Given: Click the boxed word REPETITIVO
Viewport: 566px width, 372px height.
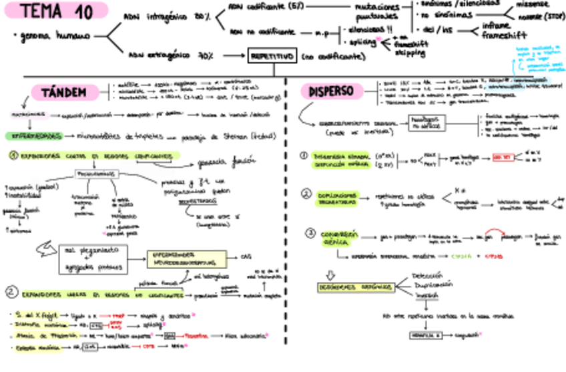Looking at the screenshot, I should [272, 57].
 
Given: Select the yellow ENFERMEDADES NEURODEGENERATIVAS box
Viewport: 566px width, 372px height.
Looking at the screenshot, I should [186, 258].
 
